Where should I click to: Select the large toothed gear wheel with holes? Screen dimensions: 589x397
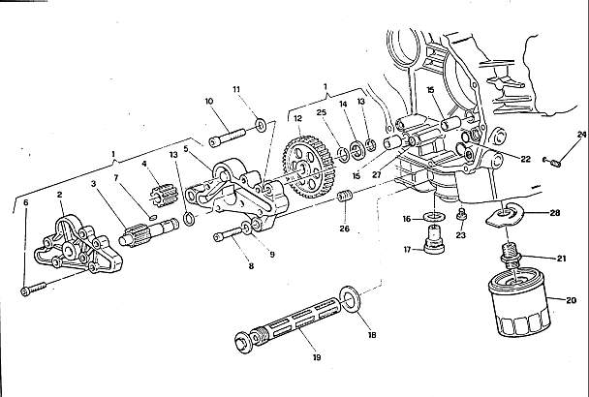pyautogui.click(x=309, y=168)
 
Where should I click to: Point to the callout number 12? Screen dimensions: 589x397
pyautogui.click(x=297, y=119)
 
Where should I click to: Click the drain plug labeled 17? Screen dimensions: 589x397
pyautogui.click(x=434, y=239)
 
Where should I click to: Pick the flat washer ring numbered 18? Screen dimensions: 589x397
pyautogui.click(x=350, y=295)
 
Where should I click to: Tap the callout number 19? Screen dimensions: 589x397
pyautogui.click(x=317, y=357)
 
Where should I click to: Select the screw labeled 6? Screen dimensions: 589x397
pyautogui.click(x=34, y=289)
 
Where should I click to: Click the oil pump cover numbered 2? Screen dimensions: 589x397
pyautogui.click(x=78, y=246)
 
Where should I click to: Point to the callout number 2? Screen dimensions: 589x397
pyautogui.click(x=60, y=195)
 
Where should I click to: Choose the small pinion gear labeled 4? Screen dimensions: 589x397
pyautogui.click(x=164, y=194)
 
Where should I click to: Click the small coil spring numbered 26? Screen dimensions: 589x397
pyautogui.click(x=345, y=196)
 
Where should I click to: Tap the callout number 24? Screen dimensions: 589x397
pyautogui.click(x=581, y=134)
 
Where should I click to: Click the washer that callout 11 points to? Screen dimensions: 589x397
pyautogui.click(x=261, y=124)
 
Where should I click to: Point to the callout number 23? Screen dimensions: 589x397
pyautogui.click(x=461, y=235)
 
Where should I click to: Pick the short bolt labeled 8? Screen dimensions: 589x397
pyautogui.click(x=228, y=233)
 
